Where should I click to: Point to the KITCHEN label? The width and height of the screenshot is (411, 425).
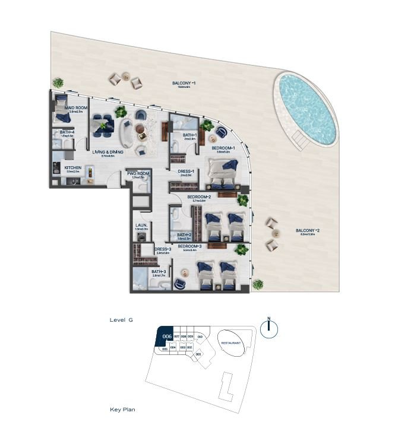pos(72,167)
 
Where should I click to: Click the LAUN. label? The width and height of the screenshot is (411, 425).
pos(141,225)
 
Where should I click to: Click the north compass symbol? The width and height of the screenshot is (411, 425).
pos(269,329)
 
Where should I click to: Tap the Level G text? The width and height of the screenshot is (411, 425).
pos(121,319)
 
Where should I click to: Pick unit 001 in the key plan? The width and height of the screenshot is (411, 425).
pos(198,354)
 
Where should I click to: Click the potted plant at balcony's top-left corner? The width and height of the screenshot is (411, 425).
pos(58,83)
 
